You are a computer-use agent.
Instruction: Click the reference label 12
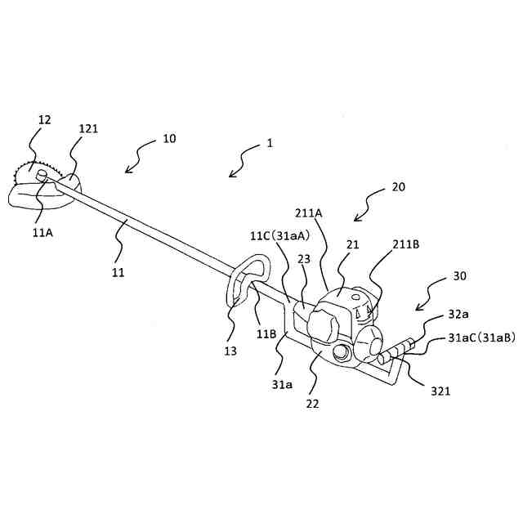[x=44, y=119]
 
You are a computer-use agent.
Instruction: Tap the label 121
[x=88, y=129]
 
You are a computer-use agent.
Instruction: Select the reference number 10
[x=169, y=139]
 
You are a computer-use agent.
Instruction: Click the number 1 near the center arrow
[x=270, y=143]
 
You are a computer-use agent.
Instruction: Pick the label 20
[x=398, y=186]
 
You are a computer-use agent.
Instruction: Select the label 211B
[x=406, y=244]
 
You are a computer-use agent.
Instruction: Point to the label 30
[x=460, y=276]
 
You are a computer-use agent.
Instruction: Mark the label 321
[x=440, y=391]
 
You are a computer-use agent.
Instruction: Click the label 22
[x=313, y=403]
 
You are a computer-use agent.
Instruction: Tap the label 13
[x=231, y=351]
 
